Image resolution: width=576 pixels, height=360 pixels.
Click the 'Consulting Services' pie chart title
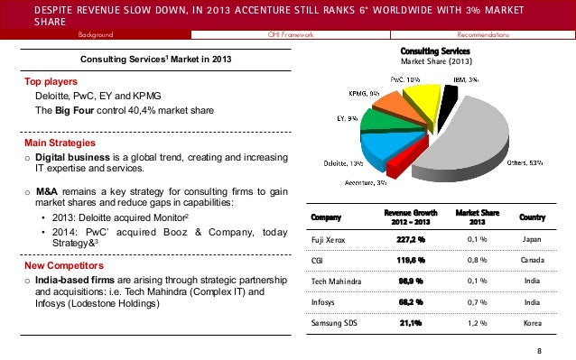tap(435, 50)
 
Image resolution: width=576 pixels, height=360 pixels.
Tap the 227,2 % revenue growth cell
tap(410, 240)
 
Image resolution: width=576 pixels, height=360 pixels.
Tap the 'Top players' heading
tap(51, 80)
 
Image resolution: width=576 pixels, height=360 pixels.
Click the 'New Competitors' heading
tap(62, 266)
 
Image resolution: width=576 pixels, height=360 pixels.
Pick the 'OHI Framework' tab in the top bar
tap(289, 34)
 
